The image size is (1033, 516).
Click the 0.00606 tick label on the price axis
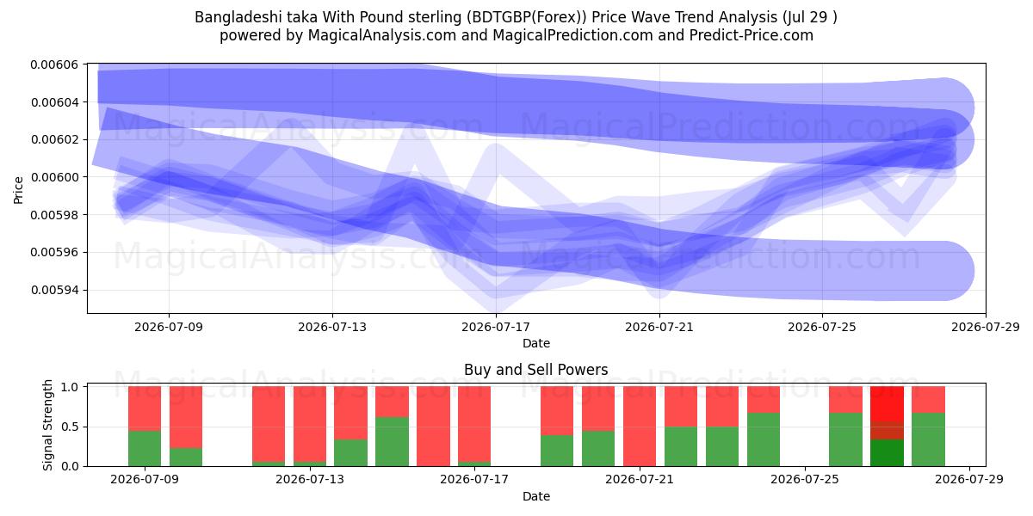pos(54,64)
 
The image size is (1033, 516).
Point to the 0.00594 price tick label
pos(54,291)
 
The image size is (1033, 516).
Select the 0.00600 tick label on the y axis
pos(54,177)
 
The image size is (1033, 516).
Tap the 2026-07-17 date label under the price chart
pos(496,327)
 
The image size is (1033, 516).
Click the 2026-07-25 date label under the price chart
pos(822,327)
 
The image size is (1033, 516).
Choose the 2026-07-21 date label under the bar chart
pos(639,480)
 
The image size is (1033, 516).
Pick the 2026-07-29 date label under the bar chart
pos(969,480)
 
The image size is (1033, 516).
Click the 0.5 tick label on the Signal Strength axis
pos(70,427)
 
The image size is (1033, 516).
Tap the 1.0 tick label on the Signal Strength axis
pos(70,387)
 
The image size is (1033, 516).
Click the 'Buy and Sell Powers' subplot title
pos(535,370)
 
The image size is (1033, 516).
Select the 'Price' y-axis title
pos(18,190)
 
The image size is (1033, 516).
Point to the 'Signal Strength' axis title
pos(47,425)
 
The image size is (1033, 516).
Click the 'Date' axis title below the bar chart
pos(535,496)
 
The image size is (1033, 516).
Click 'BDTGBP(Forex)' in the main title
pos(527,17)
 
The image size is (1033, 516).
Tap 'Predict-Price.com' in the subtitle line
pos(752,35)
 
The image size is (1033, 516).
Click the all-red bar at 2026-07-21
pos(639,427)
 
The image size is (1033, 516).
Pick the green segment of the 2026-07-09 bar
pos(145,448)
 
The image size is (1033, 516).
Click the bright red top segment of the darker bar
pos(887,403)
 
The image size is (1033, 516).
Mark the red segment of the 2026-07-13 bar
pos(309,424)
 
